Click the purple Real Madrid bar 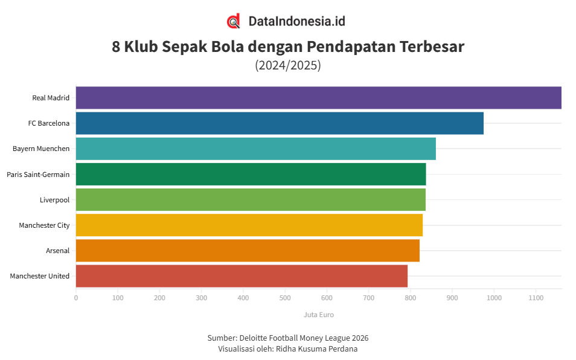318,98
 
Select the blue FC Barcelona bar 280,123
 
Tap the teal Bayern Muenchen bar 255,149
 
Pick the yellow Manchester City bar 249,225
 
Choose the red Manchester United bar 242,276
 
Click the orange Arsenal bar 248,250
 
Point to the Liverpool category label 54,200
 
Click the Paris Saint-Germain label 38,175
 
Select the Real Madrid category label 51,98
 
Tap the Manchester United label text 40,276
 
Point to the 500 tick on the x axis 285,298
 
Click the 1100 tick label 536,298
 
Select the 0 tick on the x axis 76,298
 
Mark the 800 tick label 411,298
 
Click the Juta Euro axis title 318,315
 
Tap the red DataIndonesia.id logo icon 234,21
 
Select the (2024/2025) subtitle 288,65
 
